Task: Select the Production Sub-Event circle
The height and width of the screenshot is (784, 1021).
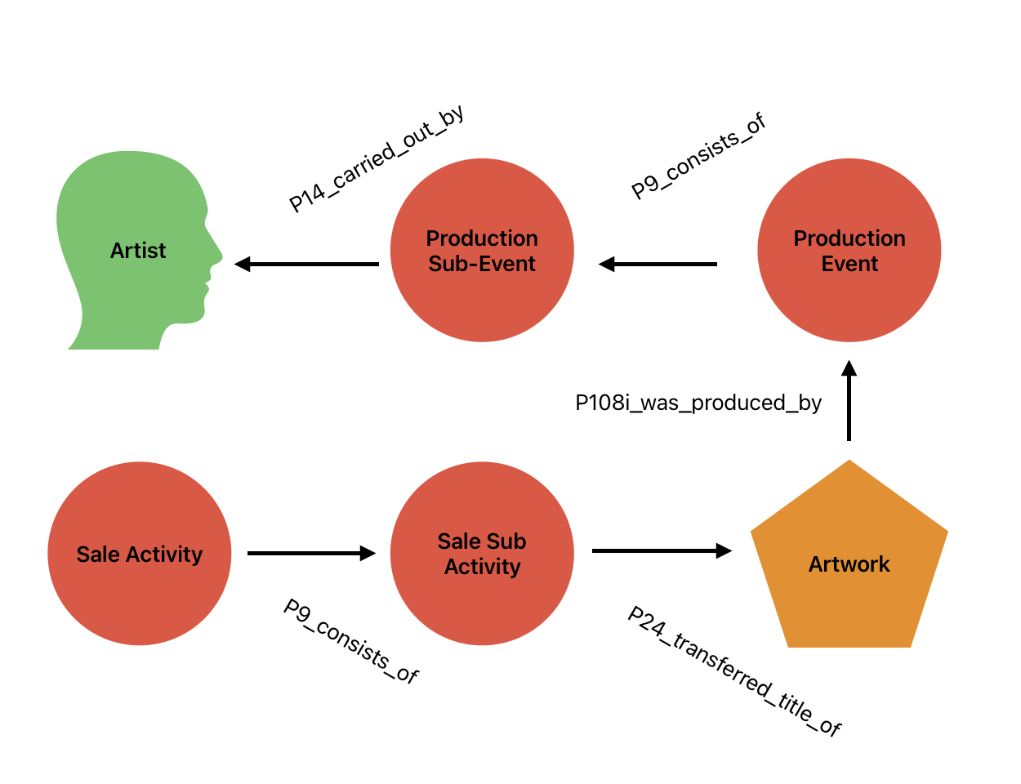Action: tap(482, 250)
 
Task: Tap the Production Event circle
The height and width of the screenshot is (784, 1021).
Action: tap(849, 250)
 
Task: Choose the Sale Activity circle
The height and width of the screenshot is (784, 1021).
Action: tap(140, 554)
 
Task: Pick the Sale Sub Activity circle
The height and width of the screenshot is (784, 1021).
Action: tap(482, 554)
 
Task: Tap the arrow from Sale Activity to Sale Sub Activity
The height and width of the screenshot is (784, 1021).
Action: tap(311, 553)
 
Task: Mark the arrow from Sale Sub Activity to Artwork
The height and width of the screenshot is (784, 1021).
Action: tap(662, 551)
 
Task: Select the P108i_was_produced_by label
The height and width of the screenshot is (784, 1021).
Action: tap(698, 403)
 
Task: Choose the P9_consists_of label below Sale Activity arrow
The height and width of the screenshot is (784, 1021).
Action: tap(351, 641)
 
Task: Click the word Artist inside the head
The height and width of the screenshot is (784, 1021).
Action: tap(138, 251)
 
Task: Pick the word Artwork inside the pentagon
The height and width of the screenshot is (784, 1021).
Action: tap(849, 564)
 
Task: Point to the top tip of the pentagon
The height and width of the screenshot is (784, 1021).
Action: tap(849, 462)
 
